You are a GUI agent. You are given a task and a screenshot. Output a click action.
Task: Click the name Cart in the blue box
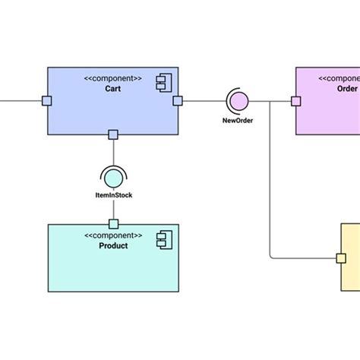pos(113,89)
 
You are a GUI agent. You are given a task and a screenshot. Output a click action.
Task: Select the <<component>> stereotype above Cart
pos(113,78)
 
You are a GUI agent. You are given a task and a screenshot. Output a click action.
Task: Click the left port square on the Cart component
pos(47,100)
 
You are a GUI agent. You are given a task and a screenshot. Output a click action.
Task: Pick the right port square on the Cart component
pos(178,100)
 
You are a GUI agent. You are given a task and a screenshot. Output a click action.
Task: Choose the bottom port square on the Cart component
pos(113,134)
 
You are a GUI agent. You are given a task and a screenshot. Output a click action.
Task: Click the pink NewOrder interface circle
pos(238,100)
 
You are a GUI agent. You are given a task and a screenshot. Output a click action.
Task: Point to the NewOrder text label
pos(238,120)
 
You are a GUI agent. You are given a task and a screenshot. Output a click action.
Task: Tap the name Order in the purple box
pos(346,89)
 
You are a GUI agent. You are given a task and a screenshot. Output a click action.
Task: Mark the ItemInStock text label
pos(113,196)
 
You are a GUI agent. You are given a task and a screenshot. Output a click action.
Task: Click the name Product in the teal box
pos(113,245)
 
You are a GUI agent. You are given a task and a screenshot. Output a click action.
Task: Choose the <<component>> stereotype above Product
pos(113,235)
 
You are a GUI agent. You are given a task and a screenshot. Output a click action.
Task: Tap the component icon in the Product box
pos(163,241)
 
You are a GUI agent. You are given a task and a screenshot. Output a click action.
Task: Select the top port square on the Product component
pos(113,223)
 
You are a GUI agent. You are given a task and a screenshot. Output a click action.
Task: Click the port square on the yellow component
pos(341,258)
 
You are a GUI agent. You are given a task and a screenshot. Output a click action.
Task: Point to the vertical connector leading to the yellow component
pos(270,182)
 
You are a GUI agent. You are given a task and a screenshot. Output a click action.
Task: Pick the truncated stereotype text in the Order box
pos(339,78)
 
